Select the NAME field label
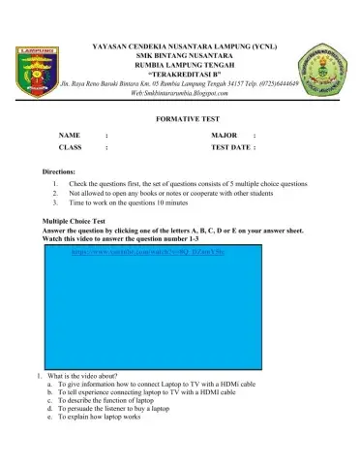point(69,135)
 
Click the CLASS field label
point(70,148)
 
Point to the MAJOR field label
point(225,135)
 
